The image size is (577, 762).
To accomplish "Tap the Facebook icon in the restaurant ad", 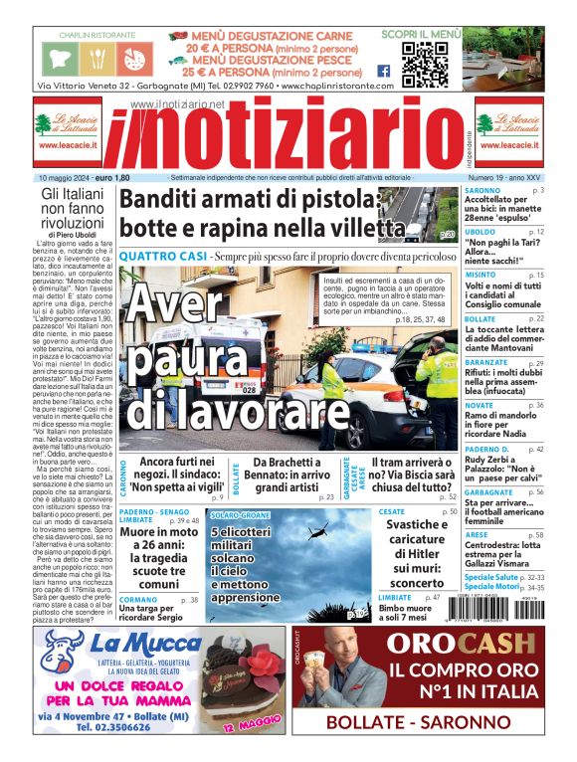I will point(383,71).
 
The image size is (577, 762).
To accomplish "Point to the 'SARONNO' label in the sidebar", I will point(482,189).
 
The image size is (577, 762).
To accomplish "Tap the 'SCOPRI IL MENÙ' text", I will point(421,34).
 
